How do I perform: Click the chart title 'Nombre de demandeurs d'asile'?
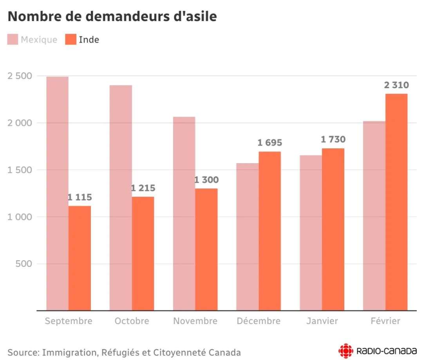tap(112, 16)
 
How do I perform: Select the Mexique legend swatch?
tap(13, 40)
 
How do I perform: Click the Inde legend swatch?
tap(71, 40)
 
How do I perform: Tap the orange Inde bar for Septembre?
tap(80, 258)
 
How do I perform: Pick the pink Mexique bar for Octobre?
tap(121, 198)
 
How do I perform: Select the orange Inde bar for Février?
tap(396, 202)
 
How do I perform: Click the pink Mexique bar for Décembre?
tap(247, 237)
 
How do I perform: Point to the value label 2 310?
tap(396, 85)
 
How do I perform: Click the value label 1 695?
tap(269, 143)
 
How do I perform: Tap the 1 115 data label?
tap(80, 197)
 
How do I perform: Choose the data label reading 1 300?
tap(206, 180)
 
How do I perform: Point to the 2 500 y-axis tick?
tap(20, 76)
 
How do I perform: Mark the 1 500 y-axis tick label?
tap(20, 170)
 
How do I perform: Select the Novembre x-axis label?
tap(195, 321)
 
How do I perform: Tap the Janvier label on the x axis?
tap(322, 321)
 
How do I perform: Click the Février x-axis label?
tap(385, 321)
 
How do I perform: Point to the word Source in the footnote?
tap(23, 352)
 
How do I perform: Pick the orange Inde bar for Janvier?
tap(333, 229)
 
